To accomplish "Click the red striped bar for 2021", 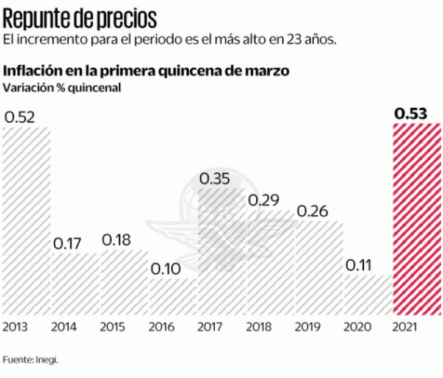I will [x=416, y=219].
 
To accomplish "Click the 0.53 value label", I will [x=411, y=113].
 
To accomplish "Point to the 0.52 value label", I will [x=20, y=116].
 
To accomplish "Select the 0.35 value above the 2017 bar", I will [x=215, y=179].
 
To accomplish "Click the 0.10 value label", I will [x=166, y=269].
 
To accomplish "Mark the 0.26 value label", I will [x=312, y=212].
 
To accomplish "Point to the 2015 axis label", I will [x=113, y=327].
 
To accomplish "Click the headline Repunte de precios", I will [x=80, y=19].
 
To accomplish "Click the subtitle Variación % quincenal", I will [x=62, y=87].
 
